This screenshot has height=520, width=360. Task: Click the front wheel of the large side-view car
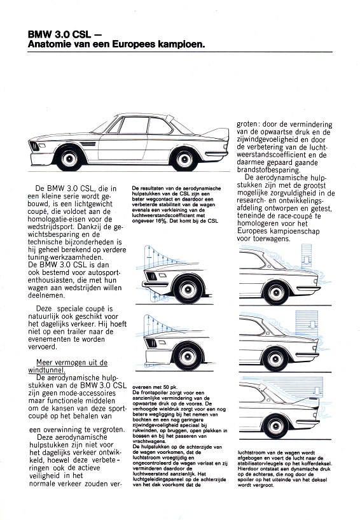tap(69, 158)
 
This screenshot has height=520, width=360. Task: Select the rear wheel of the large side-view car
tap(184, 158)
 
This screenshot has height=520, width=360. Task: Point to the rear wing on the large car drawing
tap(216, 134)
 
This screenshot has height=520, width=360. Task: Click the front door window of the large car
tap(134, 125)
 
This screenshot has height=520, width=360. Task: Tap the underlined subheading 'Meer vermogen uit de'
tap(72, 363)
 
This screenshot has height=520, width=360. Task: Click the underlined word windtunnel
tap(46, 370)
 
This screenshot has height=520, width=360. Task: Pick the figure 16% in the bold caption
tap(160, 220)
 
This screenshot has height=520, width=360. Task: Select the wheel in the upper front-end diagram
tap(188, 290)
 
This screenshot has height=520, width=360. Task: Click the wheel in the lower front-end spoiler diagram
tap(187, 356)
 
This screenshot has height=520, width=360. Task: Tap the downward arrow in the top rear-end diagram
tap(307, 260)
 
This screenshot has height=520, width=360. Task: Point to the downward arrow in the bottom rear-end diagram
tap(317, 391)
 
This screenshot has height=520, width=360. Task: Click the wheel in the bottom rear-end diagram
tap(275, 426)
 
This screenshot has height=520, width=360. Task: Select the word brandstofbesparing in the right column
tap(268, 170)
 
